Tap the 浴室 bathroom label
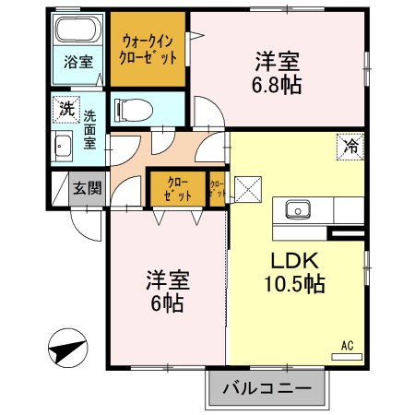[x=77, y=63]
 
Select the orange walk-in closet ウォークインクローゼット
[x=148, y=48]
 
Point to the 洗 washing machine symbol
[x=66, y=108]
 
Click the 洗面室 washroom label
[x=90, y=130]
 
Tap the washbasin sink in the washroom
[x=62, y=146]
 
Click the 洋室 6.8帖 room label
[x=279, y=74]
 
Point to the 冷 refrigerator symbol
[x=350, y=145]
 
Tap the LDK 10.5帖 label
[x=296, y=272]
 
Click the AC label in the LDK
[x=348, y=345]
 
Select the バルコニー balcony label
[x=267, y=388]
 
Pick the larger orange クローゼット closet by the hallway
[x=178, y=189]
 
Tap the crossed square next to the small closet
[x=247, y=190]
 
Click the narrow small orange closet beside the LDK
[x=217, y=190]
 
